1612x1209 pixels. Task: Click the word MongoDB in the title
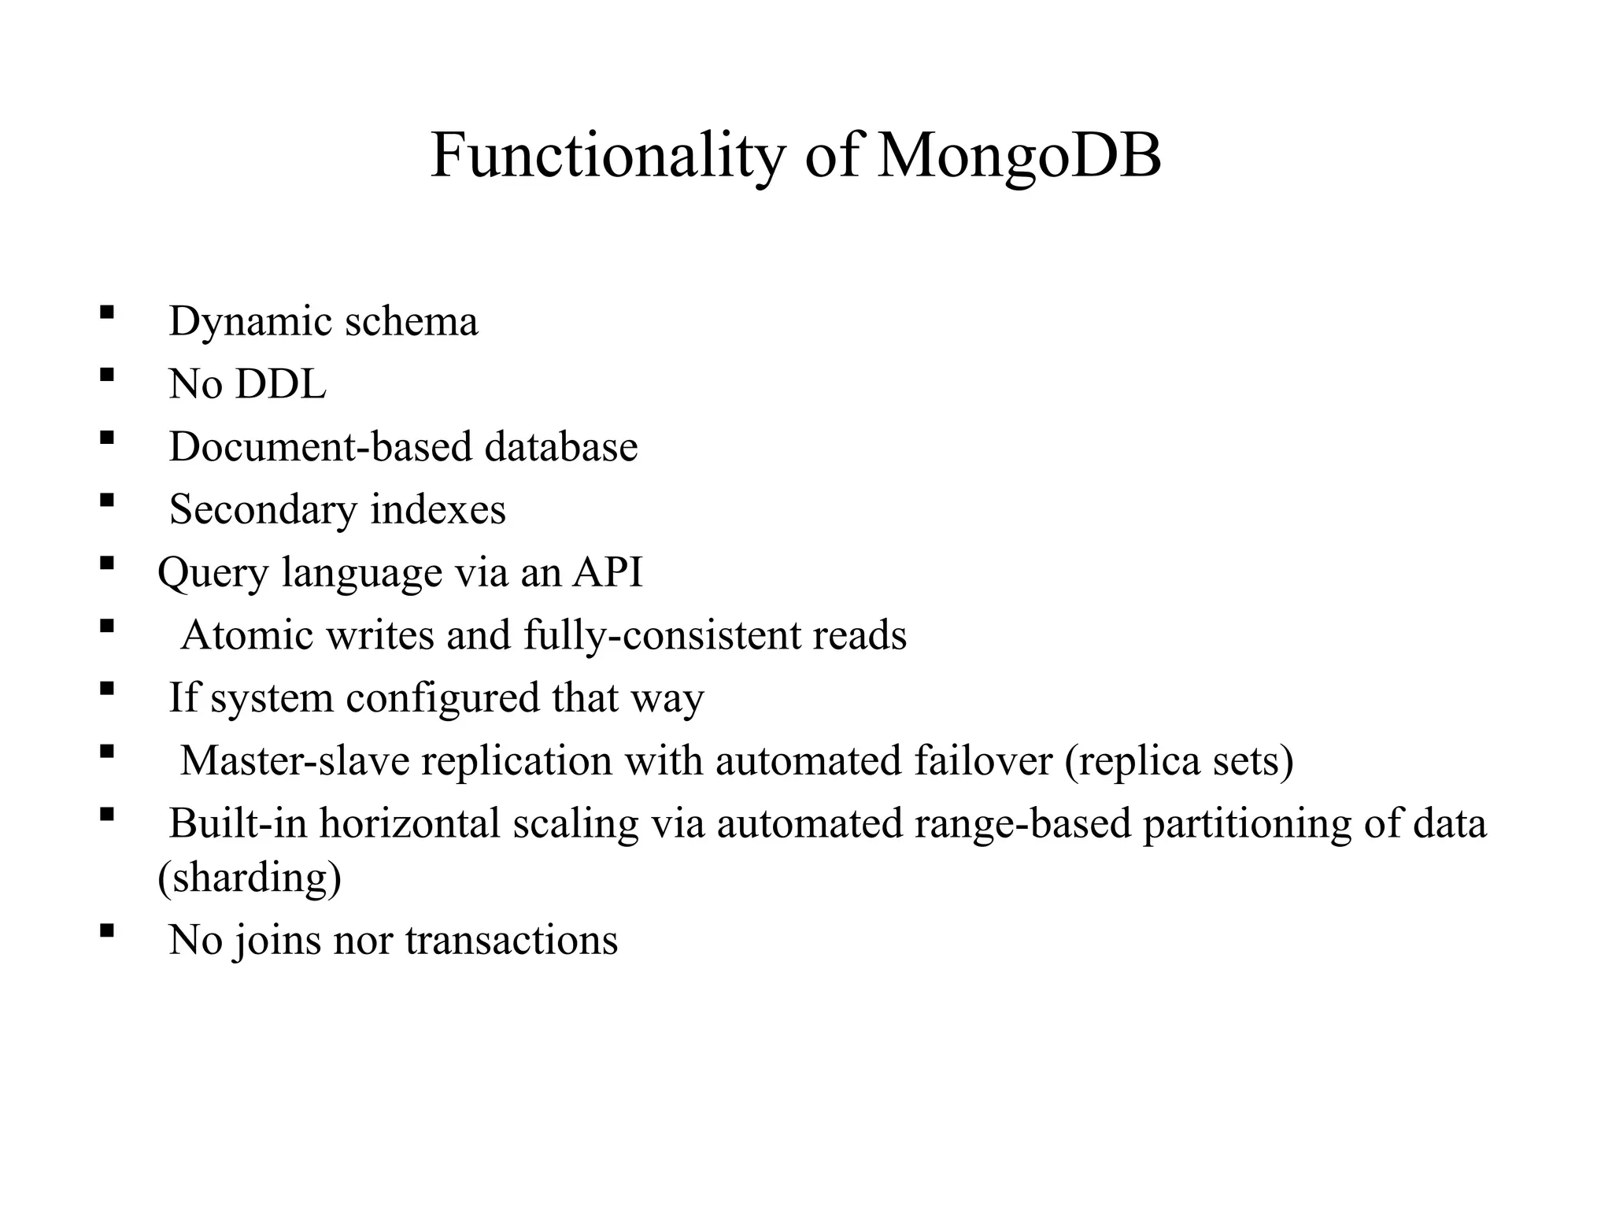tap(1019, 156)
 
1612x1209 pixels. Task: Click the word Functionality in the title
tap(608, 156)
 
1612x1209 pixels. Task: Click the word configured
tap(442, 697)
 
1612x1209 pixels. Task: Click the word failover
tap(983, 760)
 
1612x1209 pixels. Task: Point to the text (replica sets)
tap(1178, 760)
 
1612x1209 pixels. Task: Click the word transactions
tap(512, 940)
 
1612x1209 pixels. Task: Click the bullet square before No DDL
tap(107, 375)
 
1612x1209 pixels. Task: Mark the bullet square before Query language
tap(107, 563)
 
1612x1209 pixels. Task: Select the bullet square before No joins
tap(107, 930)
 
